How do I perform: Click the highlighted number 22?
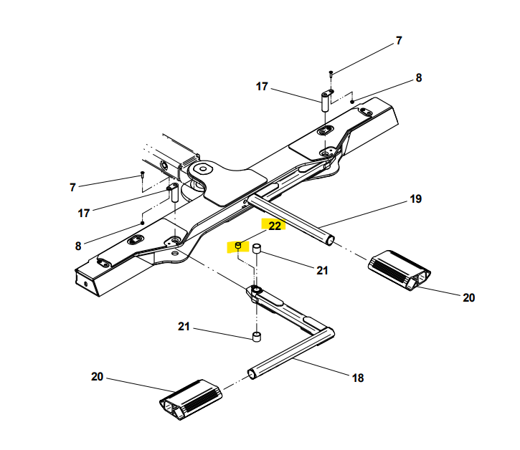point(275,226)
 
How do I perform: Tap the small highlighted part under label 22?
point(238,246)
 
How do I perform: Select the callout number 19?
point(415,198)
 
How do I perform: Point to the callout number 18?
point(358,378)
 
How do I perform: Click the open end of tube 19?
point(330,240)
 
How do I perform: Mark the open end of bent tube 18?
point(252,374)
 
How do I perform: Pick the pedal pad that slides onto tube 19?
point(400,270)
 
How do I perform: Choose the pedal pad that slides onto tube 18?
point(191,400)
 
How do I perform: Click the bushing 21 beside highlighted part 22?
point(257,249)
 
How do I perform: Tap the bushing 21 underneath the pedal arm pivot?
point(257,337)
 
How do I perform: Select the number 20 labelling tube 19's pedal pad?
point(468,297)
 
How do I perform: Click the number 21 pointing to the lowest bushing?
point(184,327)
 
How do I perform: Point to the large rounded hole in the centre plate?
point(202,168)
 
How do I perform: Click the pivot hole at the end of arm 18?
point(255,289)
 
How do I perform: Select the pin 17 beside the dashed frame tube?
point(174,194)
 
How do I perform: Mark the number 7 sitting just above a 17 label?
point(72,188)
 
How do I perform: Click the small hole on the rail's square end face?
point(86,284)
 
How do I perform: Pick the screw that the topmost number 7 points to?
point(331,74)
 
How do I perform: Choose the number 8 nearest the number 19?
point(419,78)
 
